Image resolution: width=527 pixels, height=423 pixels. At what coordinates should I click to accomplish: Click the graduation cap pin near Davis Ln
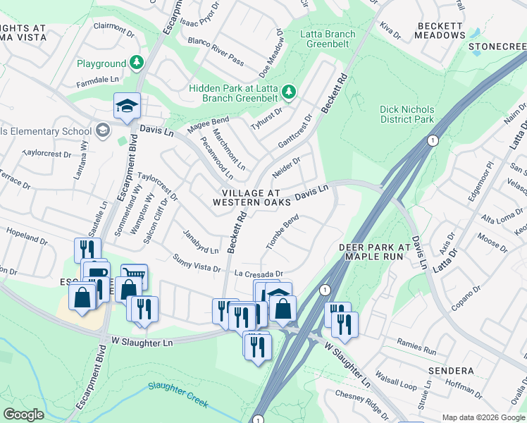click(x=127, y=106)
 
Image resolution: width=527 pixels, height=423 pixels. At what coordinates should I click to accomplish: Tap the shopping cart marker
click(x=134, y=276)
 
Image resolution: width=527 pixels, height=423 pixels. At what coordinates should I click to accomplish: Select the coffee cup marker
click(x=96, y=272)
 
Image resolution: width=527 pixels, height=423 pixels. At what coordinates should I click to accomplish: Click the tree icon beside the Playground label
click(x=136, y=63)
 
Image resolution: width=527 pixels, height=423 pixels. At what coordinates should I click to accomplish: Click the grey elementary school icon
click(x=103, y=130)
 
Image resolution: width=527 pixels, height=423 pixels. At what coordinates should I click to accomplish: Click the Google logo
click(x=24, y=414)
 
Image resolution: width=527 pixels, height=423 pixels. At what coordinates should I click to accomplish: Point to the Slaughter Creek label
click(x=178, y=395)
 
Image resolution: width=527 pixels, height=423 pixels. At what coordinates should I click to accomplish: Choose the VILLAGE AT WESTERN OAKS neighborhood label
click(x=252, y=197)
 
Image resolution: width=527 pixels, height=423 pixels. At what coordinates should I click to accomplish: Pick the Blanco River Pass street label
click(x=216, y=52)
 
